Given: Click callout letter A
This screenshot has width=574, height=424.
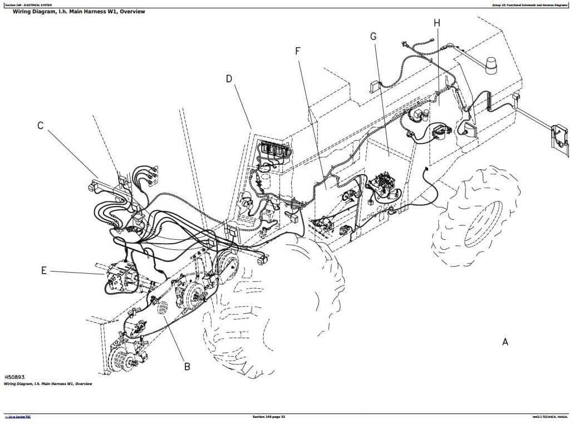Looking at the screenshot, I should (x=505, y=342).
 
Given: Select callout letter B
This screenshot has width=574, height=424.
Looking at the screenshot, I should (x=187, y=366).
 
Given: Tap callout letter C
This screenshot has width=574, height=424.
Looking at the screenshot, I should (x=40, y=126).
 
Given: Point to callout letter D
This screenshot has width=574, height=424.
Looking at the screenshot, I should (x=229, y=79).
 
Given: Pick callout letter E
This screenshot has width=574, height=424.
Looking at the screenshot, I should (x=44, y=271).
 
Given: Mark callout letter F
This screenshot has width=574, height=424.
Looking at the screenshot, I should (x=298, y=51).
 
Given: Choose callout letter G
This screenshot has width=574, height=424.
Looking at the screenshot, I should (x=373, y=37).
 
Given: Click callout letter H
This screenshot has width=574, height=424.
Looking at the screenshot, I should (x=436, y=23).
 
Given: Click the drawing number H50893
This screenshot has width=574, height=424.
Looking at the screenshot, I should (x=14, y=377).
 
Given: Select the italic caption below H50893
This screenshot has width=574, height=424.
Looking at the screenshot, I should (x=48, y=384).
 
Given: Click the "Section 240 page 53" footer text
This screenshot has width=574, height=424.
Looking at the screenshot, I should (x=268, y=417).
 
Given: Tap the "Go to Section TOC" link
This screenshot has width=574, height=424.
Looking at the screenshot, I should (x=18, y=417).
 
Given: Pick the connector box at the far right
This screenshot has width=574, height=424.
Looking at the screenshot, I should (x=558, y=137).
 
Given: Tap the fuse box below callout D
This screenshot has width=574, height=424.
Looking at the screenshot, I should (x=273, y=150).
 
